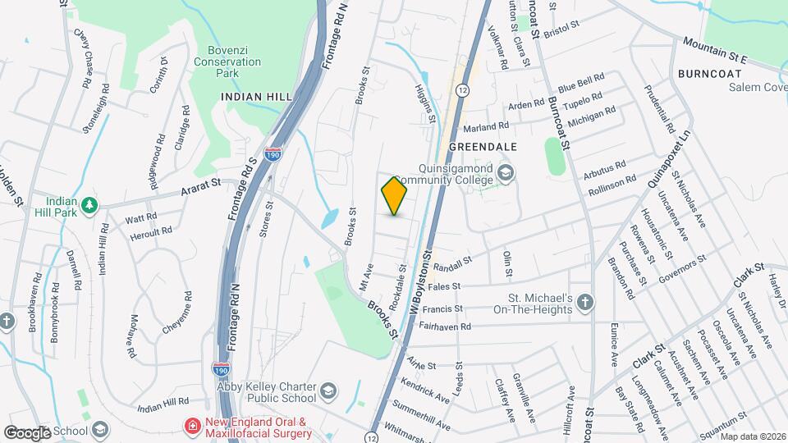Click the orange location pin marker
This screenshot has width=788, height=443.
pyautogui.click(x=395, y=195)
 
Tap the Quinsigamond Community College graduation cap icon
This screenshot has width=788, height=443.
pyautogui.click(x=506, y=173)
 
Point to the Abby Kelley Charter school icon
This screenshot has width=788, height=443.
pyautogui.click(x=329, y=389)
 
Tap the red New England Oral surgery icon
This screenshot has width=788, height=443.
pyautogui.click(x=192, y=427)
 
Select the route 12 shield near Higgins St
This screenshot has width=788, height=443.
pyautogui.click(x=464, y=89)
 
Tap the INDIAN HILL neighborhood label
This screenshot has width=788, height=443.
pyautogui.click(x=256, y=97)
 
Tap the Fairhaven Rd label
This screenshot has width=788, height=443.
pyautogui.click(x=444, y=326)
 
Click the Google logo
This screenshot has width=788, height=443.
pyautogui.click(x=27, y=432)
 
